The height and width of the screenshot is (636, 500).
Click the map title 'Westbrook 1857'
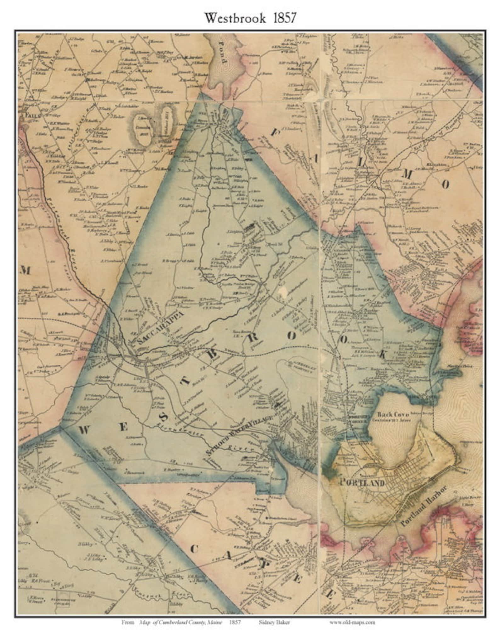pos(250,18)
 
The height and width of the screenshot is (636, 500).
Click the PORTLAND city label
pos(362,483)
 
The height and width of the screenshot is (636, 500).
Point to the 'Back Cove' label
pos(393,415)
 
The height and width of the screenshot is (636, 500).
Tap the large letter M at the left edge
pos(25,270)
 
